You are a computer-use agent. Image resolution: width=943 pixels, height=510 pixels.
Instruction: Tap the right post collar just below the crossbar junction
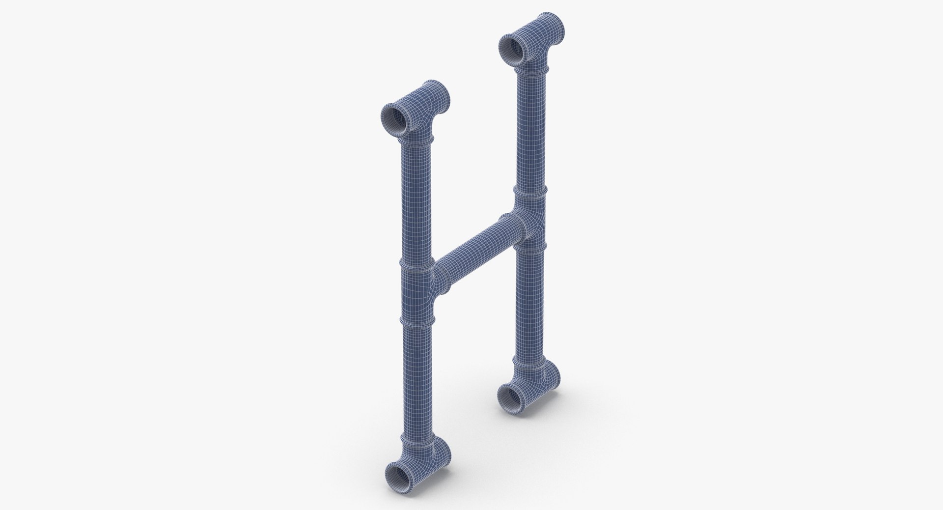click(530, 246)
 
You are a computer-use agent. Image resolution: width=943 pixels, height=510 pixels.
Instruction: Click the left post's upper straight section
click(416, 201)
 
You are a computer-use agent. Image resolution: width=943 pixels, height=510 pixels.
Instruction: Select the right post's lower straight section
click(530, 305)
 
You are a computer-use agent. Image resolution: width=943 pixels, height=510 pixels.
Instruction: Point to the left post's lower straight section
click(416, 378)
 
